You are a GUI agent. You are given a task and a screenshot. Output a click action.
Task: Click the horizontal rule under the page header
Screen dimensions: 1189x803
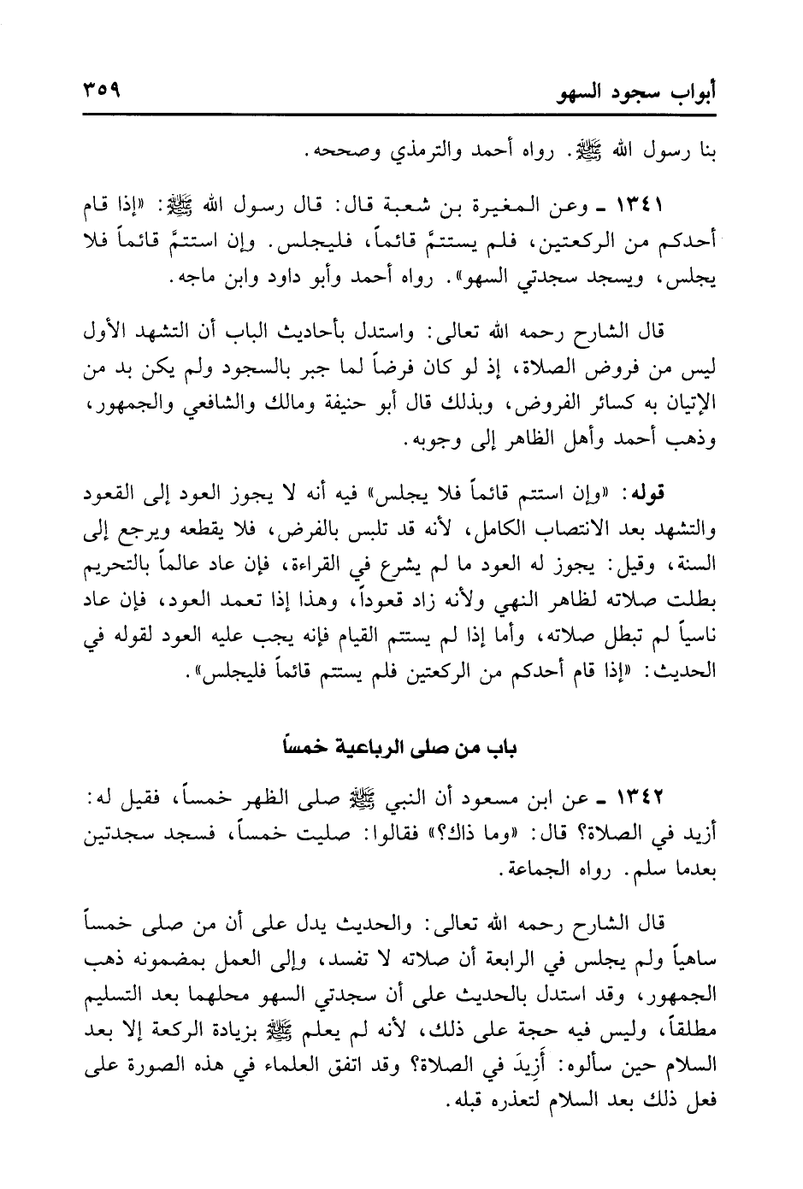coord(401,115)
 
